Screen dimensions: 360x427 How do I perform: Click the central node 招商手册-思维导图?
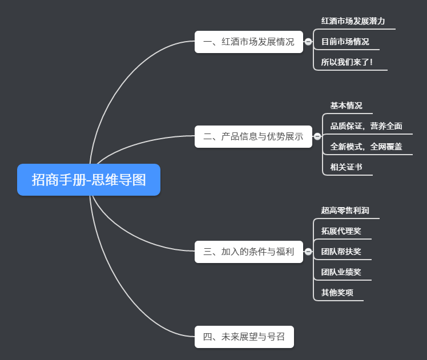coord(88,180)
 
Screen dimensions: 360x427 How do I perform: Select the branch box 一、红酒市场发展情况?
coord(248,42)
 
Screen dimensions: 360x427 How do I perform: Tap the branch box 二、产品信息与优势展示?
coord(253,136)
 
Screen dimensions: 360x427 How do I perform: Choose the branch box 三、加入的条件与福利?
coord(248,252)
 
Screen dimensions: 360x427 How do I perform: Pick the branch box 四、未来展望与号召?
coord(244,337)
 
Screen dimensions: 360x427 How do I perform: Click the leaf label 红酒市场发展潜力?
coord(353,21)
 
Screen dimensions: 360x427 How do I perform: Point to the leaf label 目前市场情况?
coord(345,42)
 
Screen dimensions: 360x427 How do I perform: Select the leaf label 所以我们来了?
coord(347,62)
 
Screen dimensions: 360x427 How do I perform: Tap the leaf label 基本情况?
coord(346,106)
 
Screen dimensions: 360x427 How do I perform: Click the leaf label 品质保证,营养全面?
coord(366,126)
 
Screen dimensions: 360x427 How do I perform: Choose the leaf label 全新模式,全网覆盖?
coord(366,147)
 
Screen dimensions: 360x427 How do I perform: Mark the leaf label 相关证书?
coord(346,167)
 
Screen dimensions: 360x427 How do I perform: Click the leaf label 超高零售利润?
coord(345,211)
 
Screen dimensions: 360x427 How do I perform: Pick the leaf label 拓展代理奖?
coord(341,231)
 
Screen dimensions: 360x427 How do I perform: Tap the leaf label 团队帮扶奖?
coord(341,252)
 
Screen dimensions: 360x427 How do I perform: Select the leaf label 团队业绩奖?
coord(341,272)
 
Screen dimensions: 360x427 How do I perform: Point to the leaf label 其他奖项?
coord(337,293)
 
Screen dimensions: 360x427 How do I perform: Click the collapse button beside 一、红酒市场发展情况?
coord(308,42)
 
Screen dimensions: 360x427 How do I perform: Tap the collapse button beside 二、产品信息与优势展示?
coord(317,136)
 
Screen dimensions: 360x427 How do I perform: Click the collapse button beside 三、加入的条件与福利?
coord(308,252)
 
